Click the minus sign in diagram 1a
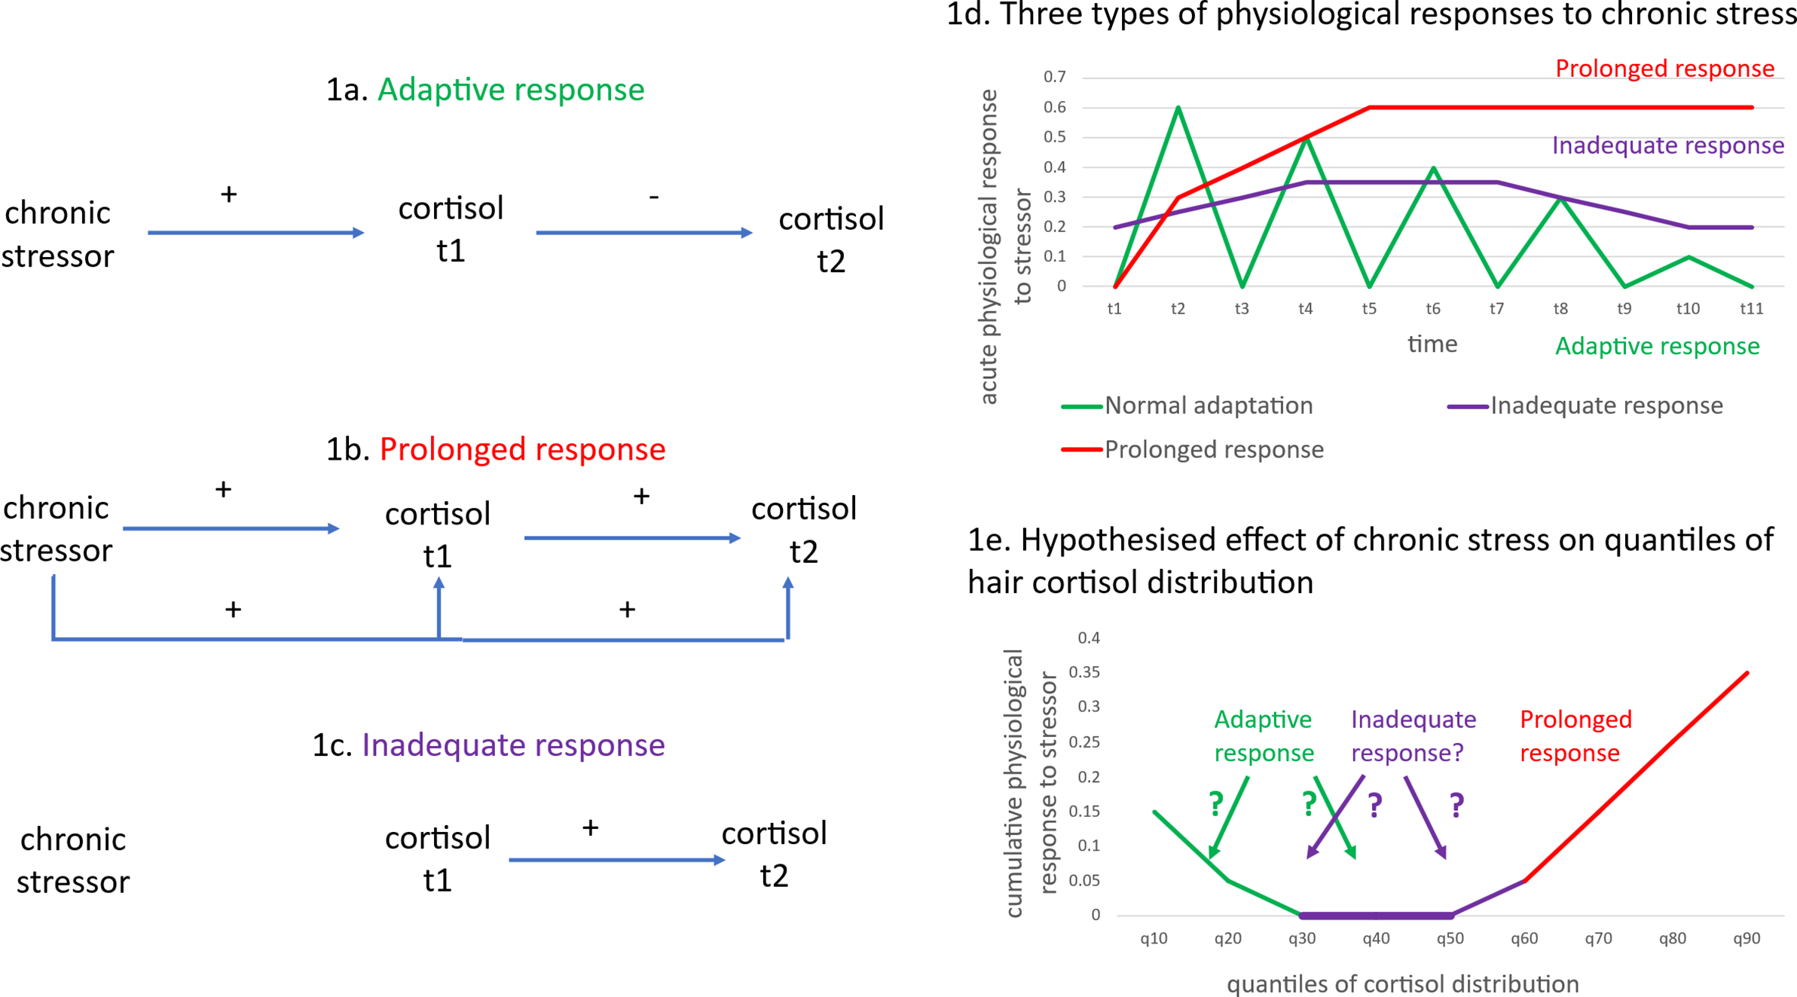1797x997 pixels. pos(654,197)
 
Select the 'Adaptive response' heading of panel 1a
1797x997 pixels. pos(510,90)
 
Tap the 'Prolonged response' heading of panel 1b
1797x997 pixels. pos(522,449)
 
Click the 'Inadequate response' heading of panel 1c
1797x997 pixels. pos(513,745)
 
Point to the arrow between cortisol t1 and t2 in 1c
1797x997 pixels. pos(616,860)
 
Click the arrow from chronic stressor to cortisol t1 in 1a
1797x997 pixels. pos(255,233)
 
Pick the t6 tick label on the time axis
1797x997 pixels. pos(1433,309)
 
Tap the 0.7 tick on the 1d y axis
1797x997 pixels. pos(1054,77)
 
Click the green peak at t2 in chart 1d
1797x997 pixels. pos(1178,109)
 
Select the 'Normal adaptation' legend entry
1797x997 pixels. pos(1208,406)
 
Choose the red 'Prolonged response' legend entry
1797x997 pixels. pos(1213,450)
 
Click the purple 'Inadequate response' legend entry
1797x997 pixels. pos(1606,406)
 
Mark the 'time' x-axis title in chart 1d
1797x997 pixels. pos(1432,344)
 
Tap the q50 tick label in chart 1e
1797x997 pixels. pos(1450,939)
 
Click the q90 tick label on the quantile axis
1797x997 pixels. pos(1746,939)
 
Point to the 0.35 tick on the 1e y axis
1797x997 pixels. pos(1084,672)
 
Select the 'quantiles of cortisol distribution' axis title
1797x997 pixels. pos(1402,984)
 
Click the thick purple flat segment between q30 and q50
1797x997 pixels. pos(1376,916)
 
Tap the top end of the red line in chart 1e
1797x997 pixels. pos(1746,674)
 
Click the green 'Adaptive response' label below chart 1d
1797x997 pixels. pos(1657,347)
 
